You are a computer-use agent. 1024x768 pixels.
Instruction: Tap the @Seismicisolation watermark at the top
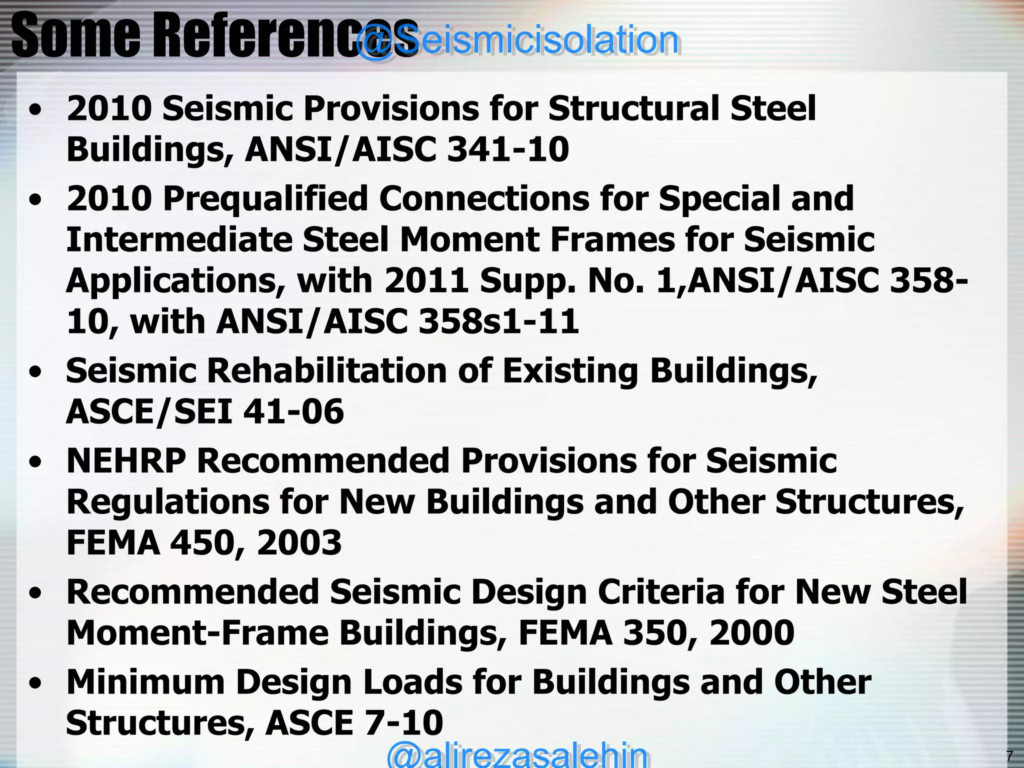[x=517, y=40]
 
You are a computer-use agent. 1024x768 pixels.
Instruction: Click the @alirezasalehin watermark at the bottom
[x=517, y=754]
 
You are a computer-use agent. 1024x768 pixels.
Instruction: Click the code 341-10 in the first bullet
[x=507, y=149]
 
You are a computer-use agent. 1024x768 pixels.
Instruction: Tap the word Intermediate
[x=178, y=239]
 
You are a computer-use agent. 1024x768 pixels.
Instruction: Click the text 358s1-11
[x=498, y=321]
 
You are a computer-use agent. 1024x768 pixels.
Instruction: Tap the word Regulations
[x=167, y=501]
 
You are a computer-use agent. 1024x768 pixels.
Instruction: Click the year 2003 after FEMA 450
[x=299, y=543]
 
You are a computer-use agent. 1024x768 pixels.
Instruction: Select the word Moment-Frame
[x=197, y=633]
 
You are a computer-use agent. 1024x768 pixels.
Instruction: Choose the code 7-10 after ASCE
[x=404, y=723]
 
